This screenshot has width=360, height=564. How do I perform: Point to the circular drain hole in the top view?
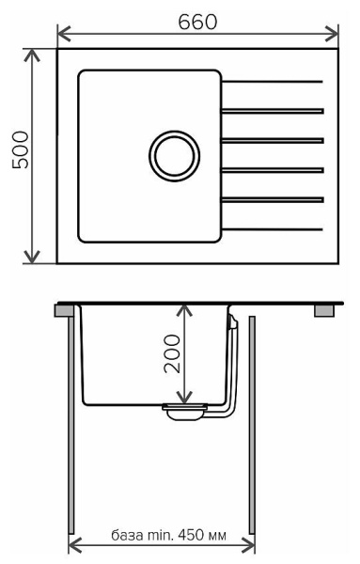pos(174,153)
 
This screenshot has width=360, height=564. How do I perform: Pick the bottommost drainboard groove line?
pos(274,229)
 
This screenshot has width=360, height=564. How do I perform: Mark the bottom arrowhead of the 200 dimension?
pos(189,399)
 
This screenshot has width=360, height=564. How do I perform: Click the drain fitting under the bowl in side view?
pos(185,410)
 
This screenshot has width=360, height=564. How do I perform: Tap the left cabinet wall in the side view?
pos(72,423)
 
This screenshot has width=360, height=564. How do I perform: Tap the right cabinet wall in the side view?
pos(251,423)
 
